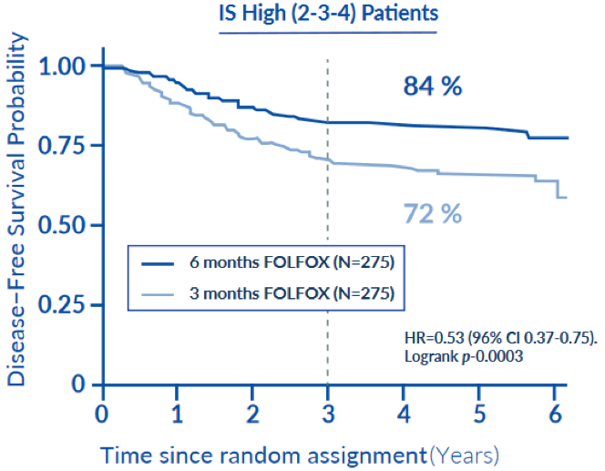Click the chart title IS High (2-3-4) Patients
(x=327, y=15)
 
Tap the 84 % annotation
(x=433, y=87)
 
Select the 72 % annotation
(x=433, y=214)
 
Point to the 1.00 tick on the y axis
(x=66, y=67)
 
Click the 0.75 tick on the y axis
(x=66, y=146)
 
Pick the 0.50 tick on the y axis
(x=66, y=225)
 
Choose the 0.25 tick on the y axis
(x=66, y=305)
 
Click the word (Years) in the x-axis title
(x=465, y=453)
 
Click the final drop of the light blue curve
(x=558, y=189)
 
